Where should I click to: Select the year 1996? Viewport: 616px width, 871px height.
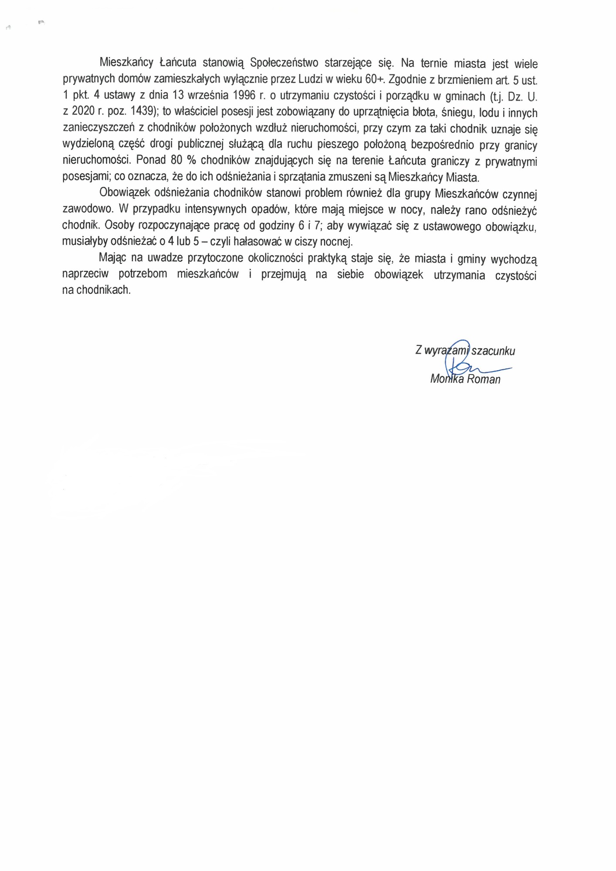point(245,95)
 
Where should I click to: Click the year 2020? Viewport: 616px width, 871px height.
point(84,111)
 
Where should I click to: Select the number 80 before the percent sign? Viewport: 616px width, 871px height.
point(176,160)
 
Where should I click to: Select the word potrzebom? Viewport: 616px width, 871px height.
point(143,274)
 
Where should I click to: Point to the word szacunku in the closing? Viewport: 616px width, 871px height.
point(493,351)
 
